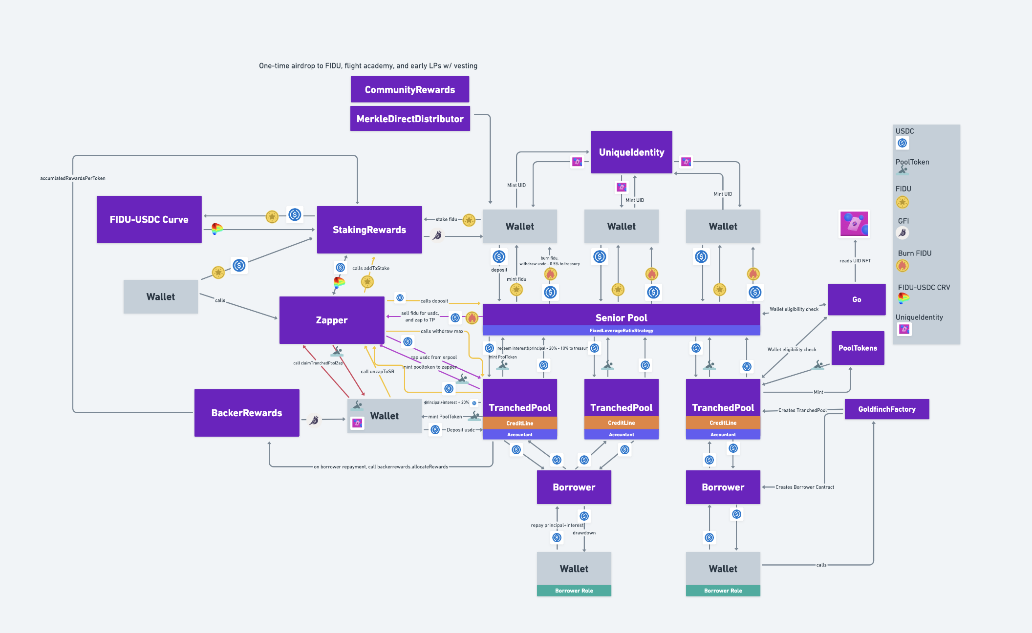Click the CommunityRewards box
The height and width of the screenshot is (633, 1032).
point(409,90)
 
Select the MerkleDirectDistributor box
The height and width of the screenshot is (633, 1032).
point(409,119)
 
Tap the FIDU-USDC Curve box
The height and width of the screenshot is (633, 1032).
point(149,220)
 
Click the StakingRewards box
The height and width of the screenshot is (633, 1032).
point(369,230)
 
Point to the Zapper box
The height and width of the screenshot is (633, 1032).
point(331,320)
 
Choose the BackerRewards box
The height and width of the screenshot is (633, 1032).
point(246,413)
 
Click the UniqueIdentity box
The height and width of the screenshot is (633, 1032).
point(631,152)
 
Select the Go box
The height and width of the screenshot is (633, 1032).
point(857,299)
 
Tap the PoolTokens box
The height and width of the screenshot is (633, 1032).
point(858,348)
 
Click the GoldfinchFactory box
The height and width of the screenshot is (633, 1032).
point(886,409)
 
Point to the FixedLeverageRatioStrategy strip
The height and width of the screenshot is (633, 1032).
point(621,331)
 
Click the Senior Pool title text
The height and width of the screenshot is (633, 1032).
point(621,318)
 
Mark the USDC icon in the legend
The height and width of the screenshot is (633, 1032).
point(902,143)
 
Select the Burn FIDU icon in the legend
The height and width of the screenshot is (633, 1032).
point(902,266)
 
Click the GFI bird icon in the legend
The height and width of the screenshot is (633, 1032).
point(902,233)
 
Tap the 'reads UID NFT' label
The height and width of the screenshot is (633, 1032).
point(855,261)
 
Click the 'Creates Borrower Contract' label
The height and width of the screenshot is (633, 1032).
point(804,487)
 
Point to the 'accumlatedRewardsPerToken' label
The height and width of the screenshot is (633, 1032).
point(72,178)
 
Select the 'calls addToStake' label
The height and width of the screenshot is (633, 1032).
point(370,268)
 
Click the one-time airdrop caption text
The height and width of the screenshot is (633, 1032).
point(368,66)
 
